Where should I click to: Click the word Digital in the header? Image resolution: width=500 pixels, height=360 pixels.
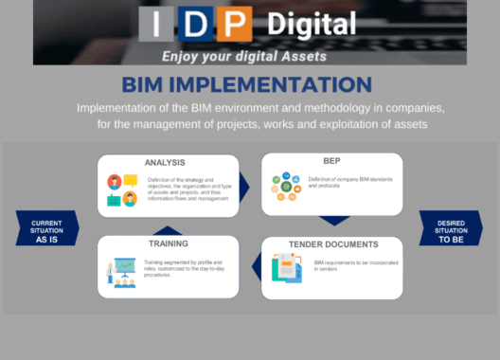click(308, 24)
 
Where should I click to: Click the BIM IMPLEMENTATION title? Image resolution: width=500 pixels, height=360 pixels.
click(251, 84)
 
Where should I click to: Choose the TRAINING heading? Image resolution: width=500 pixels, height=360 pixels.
click(167, 243)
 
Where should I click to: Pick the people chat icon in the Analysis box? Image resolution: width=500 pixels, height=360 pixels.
click(122, 189)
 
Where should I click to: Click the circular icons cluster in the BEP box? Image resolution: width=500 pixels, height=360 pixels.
click(282, 186)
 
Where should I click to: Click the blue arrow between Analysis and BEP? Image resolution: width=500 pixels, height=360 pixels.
click(245, 186)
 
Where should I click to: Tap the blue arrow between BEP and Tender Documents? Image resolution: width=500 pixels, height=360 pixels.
click(333, 222)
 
